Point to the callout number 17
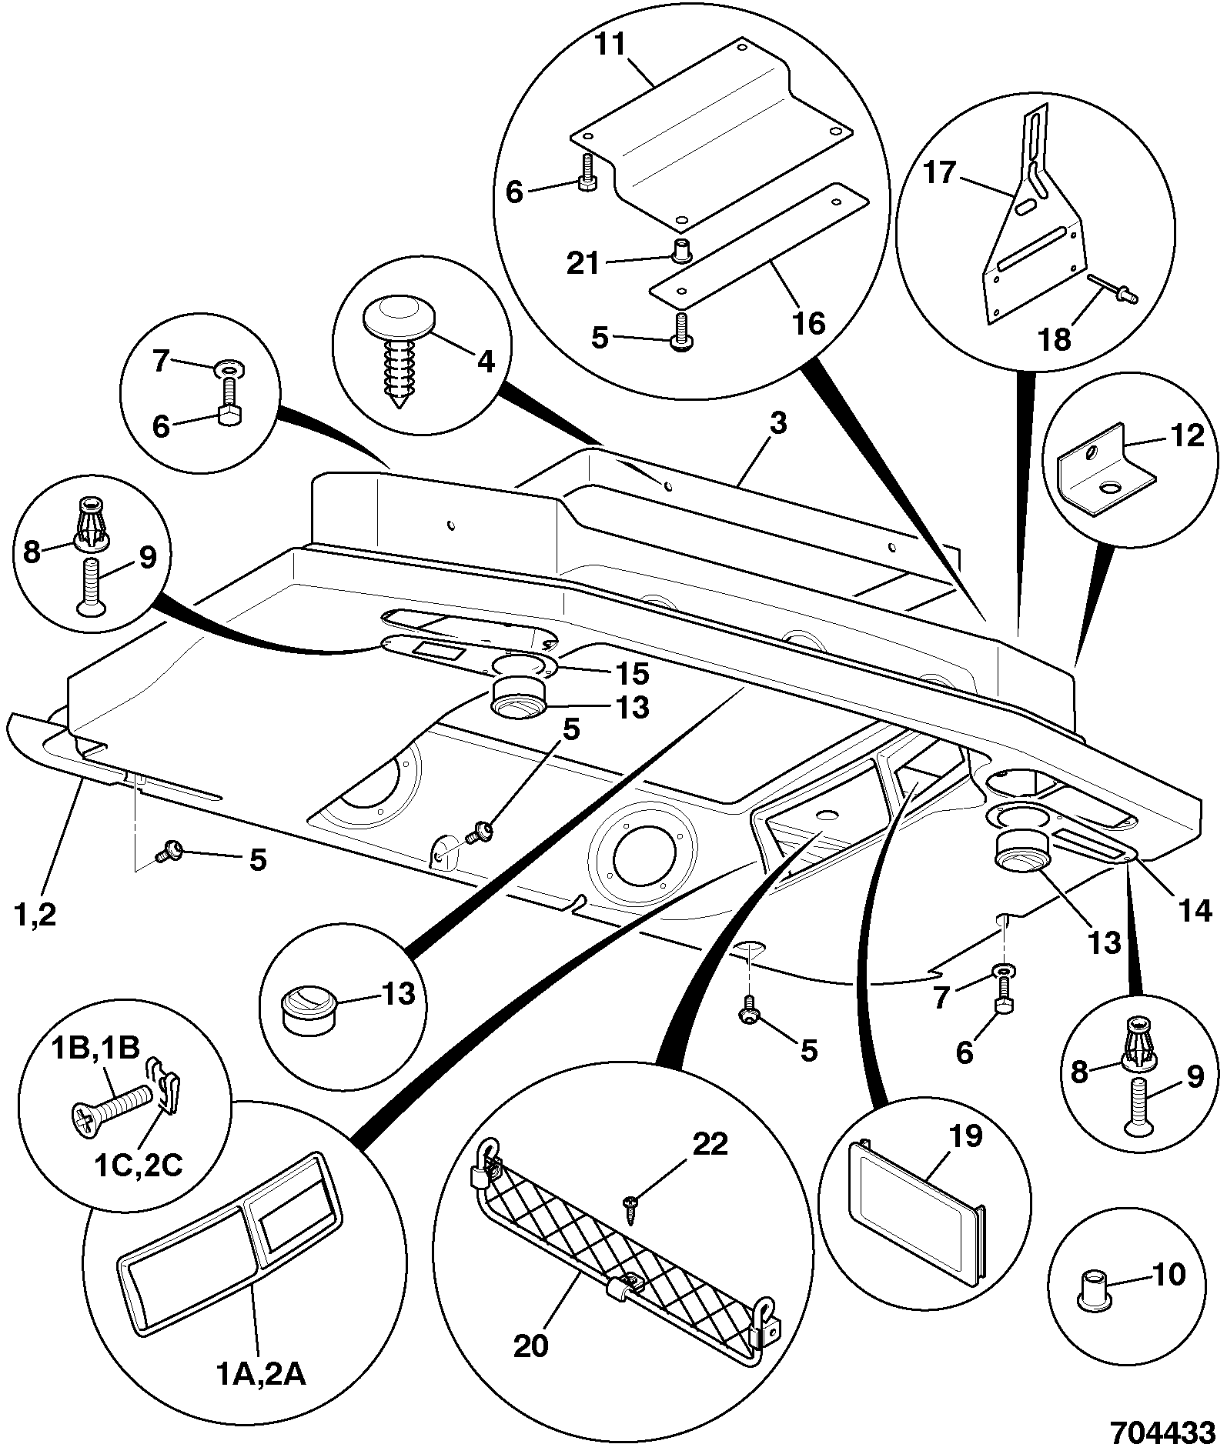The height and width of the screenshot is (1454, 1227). [938, 172]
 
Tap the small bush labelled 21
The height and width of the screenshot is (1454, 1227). [679, 250]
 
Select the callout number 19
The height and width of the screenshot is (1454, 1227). [965, 1136]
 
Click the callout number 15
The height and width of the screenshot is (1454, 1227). [632, 674]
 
